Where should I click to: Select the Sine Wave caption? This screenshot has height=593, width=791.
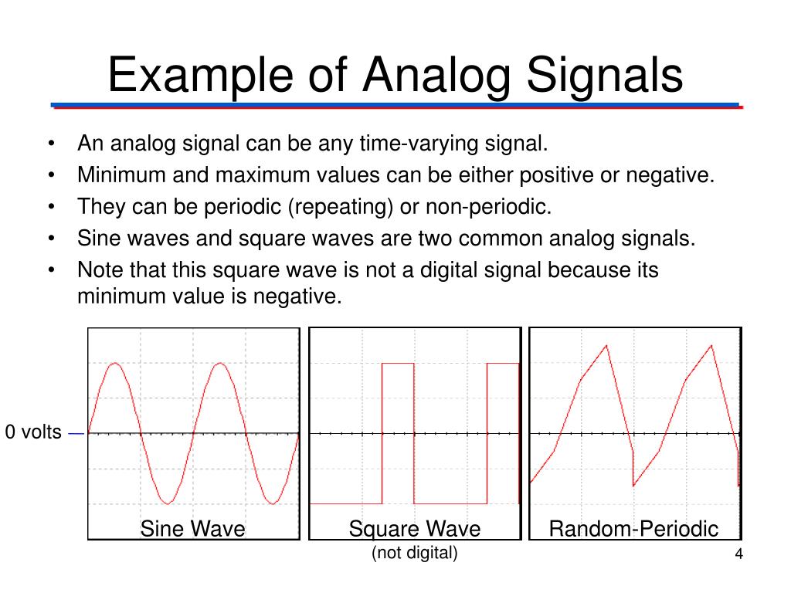pyautogui.click(x=192, y=529)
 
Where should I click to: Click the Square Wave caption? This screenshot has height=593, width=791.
pyautogui.click(x=414, y=529)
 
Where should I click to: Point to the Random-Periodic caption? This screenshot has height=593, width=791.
pyautogui.click(x=633, y=529)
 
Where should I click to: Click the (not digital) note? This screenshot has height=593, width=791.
pyautogui.click(x=414, y=553)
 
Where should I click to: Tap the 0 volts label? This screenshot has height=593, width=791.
pyautogui.click(x=33, y=432)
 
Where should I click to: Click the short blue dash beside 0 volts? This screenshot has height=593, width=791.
pyautogui.click(x=76, y=433)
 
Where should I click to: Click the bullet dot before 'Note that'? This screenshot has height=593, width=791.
pyautogui.click(x=51, y=270)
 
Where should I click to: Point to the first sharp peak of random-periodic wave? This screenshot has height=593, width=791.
pyautogui.click(x=607, y=345)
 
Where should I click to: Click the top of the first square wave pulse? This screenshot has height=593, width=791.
pyautogui.click(x=398, y=363)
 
